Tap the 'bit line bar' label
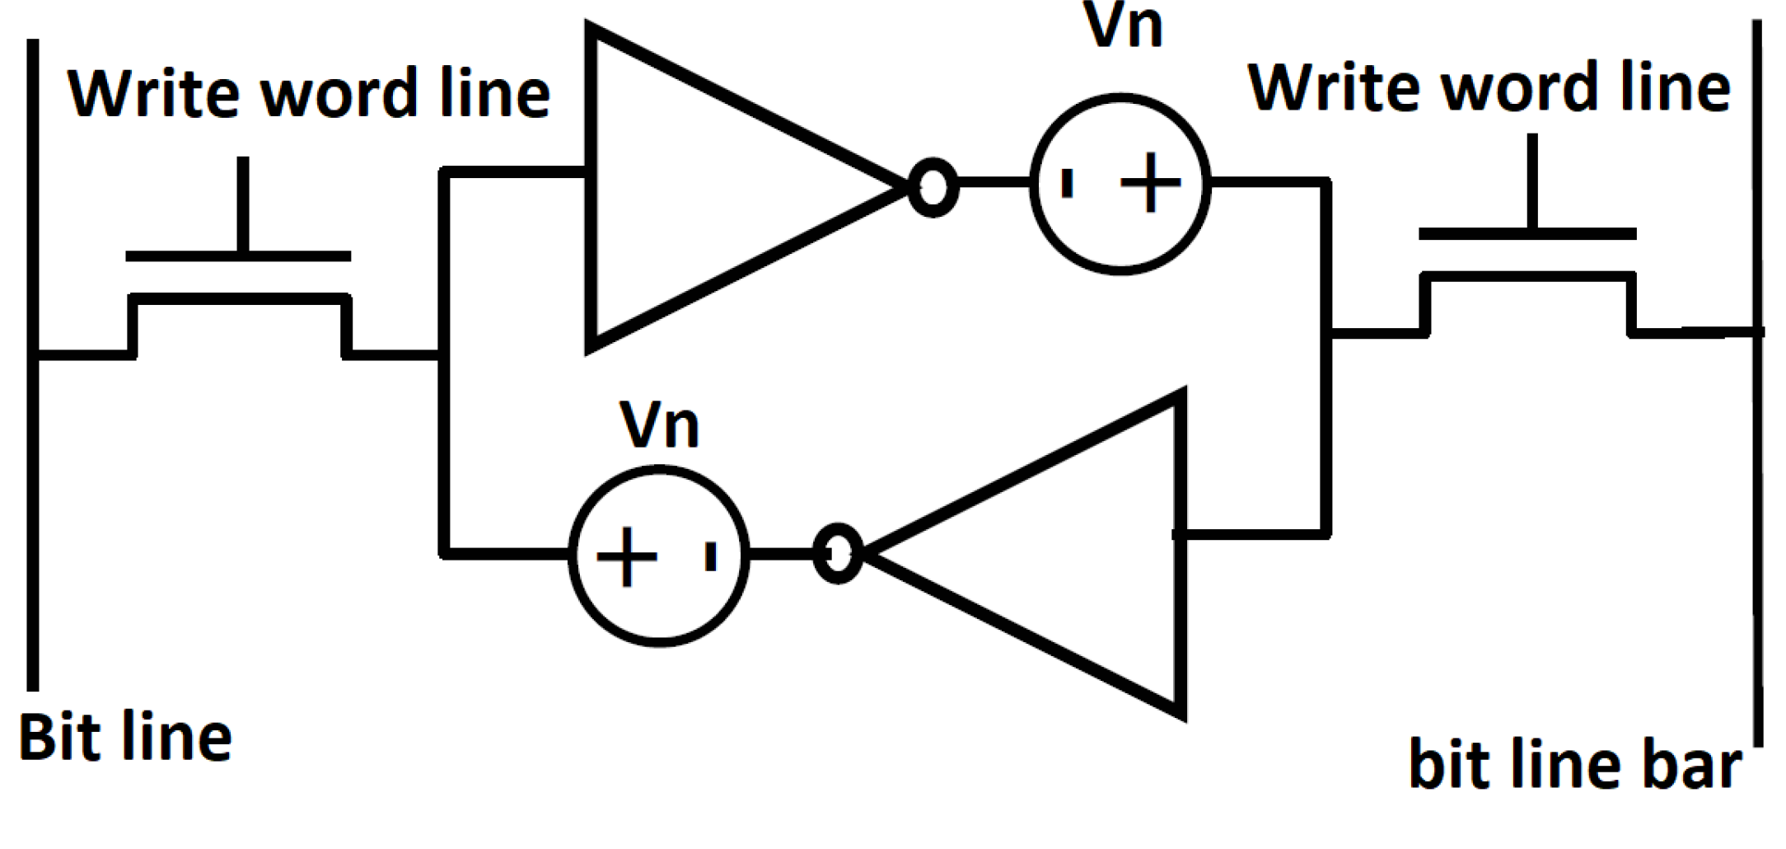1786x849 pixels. pos(1575,765)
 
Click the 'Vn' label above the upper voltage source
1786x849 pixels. pos(1122,26)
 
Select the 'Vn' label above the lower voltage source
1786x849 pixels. pos(659,424)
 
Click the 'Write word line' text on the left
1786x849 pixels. pos(309,93)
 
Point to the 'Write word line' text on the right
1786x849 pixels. pos(1489,87)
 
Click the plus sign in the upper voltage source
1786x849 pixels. pos(1151,183)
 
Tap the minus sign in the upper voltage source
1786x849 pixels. pos(1068,183)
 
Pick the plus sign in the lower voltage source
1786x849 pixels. pos(627,556)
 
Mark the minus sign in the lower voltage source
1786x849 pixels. pos(710,556)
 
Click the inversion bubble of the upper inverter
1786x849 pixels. pos(933,187)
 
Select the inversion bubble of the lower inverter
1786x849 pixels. pos(838,553)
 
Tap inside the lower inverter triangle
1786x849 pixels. pos(1071,554)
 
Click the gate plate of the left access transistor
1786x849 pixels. pos(238,256)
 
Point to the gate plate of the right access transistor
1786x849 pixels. pos(1527,234)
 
